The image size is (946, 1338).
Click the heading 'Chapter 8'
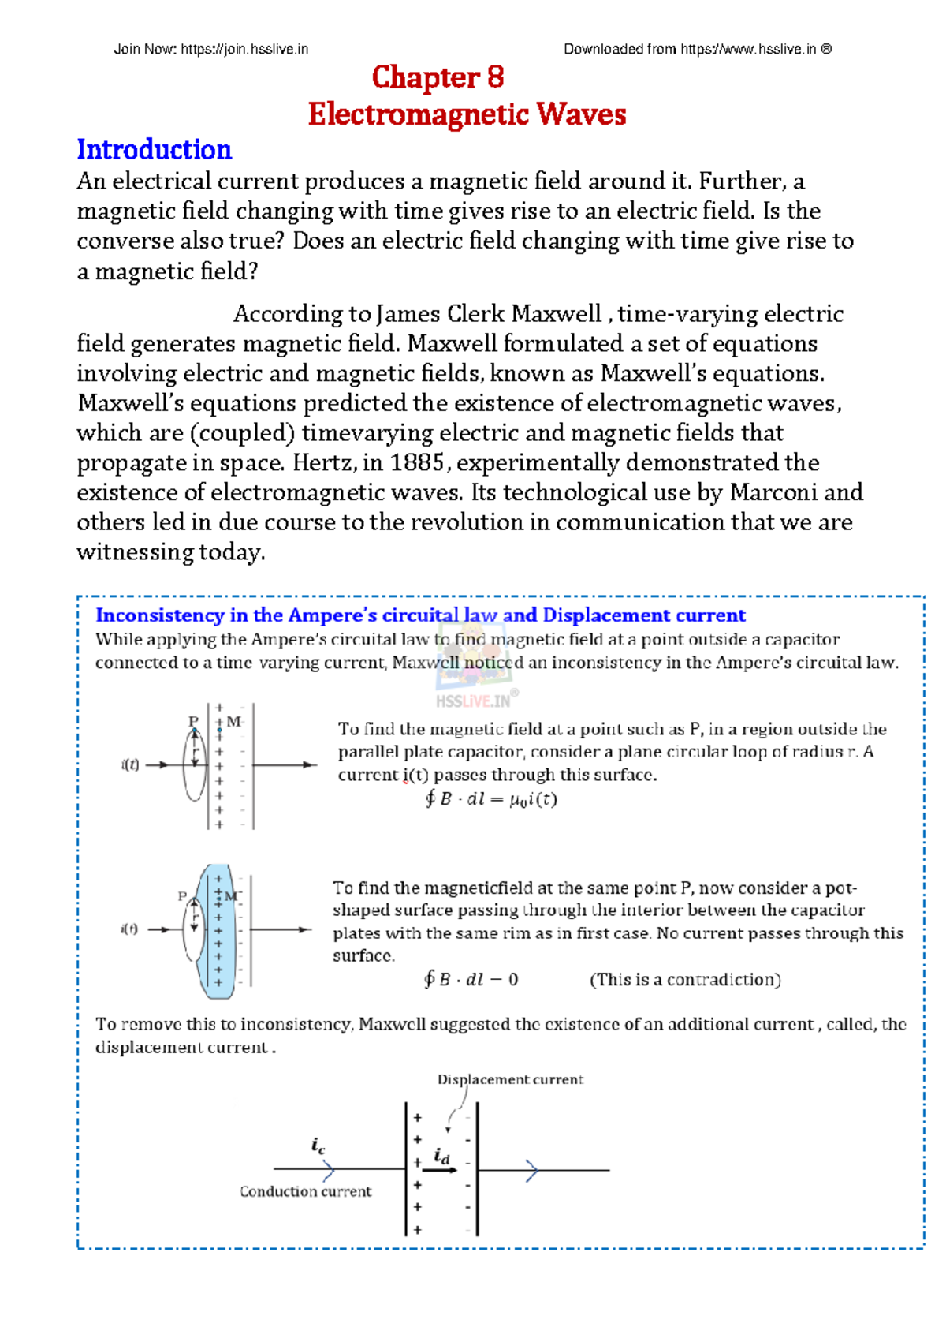tap(438, 77)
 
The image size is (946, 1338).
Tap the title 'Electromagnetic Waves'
tap(467, 114)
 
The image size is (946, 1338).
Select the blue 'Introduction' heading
tap(154, 150)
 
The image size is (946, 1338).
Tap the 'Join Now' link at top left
tap(210, 49)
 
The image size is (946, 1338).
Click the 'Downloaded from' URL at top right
tap(698, 49)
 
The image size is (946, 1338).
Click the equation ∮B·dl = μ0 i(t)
tap(490, 799)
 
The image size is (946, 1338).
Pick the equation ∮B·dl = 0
tap(471, 980)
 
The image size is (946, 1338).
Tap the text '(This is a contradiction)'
tap(685, 980)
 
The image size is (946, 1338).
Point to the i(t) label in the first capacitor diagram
tap(130, 764)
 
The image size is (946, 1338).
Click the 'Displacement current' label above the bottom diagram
tap(510, 1079)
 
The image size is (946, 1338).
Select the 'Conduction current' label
tap(305, 1191)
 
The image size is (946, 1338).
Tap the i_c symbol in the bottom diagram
tap(318, 1146)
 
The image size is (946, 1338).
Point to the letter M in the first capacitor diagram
tap(234, 721)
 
